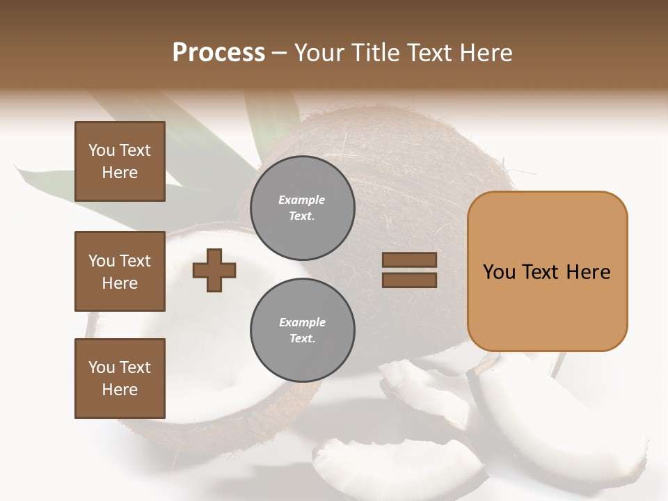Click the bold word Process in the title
(218, 52)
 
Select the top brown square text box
(120, 161)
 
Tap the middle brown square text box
(120, 271)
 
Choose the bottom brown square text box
(120, 379)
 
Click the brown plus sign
(214, 270)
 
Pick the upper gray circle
(302, 208)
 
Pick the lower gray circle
(302, 331)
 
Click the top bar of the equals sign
(409, 260)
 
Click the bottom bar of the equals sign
(409, 280)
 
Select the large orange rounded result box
(547, 271)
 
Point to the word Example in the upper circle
(302, 200)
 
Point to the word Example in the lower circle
(302, 322)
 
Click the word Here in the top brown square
(120, 173)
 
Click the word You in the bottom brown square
(102, 367)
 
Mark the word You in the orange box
(499, 272)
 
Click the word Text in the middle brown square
(135, 261)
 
